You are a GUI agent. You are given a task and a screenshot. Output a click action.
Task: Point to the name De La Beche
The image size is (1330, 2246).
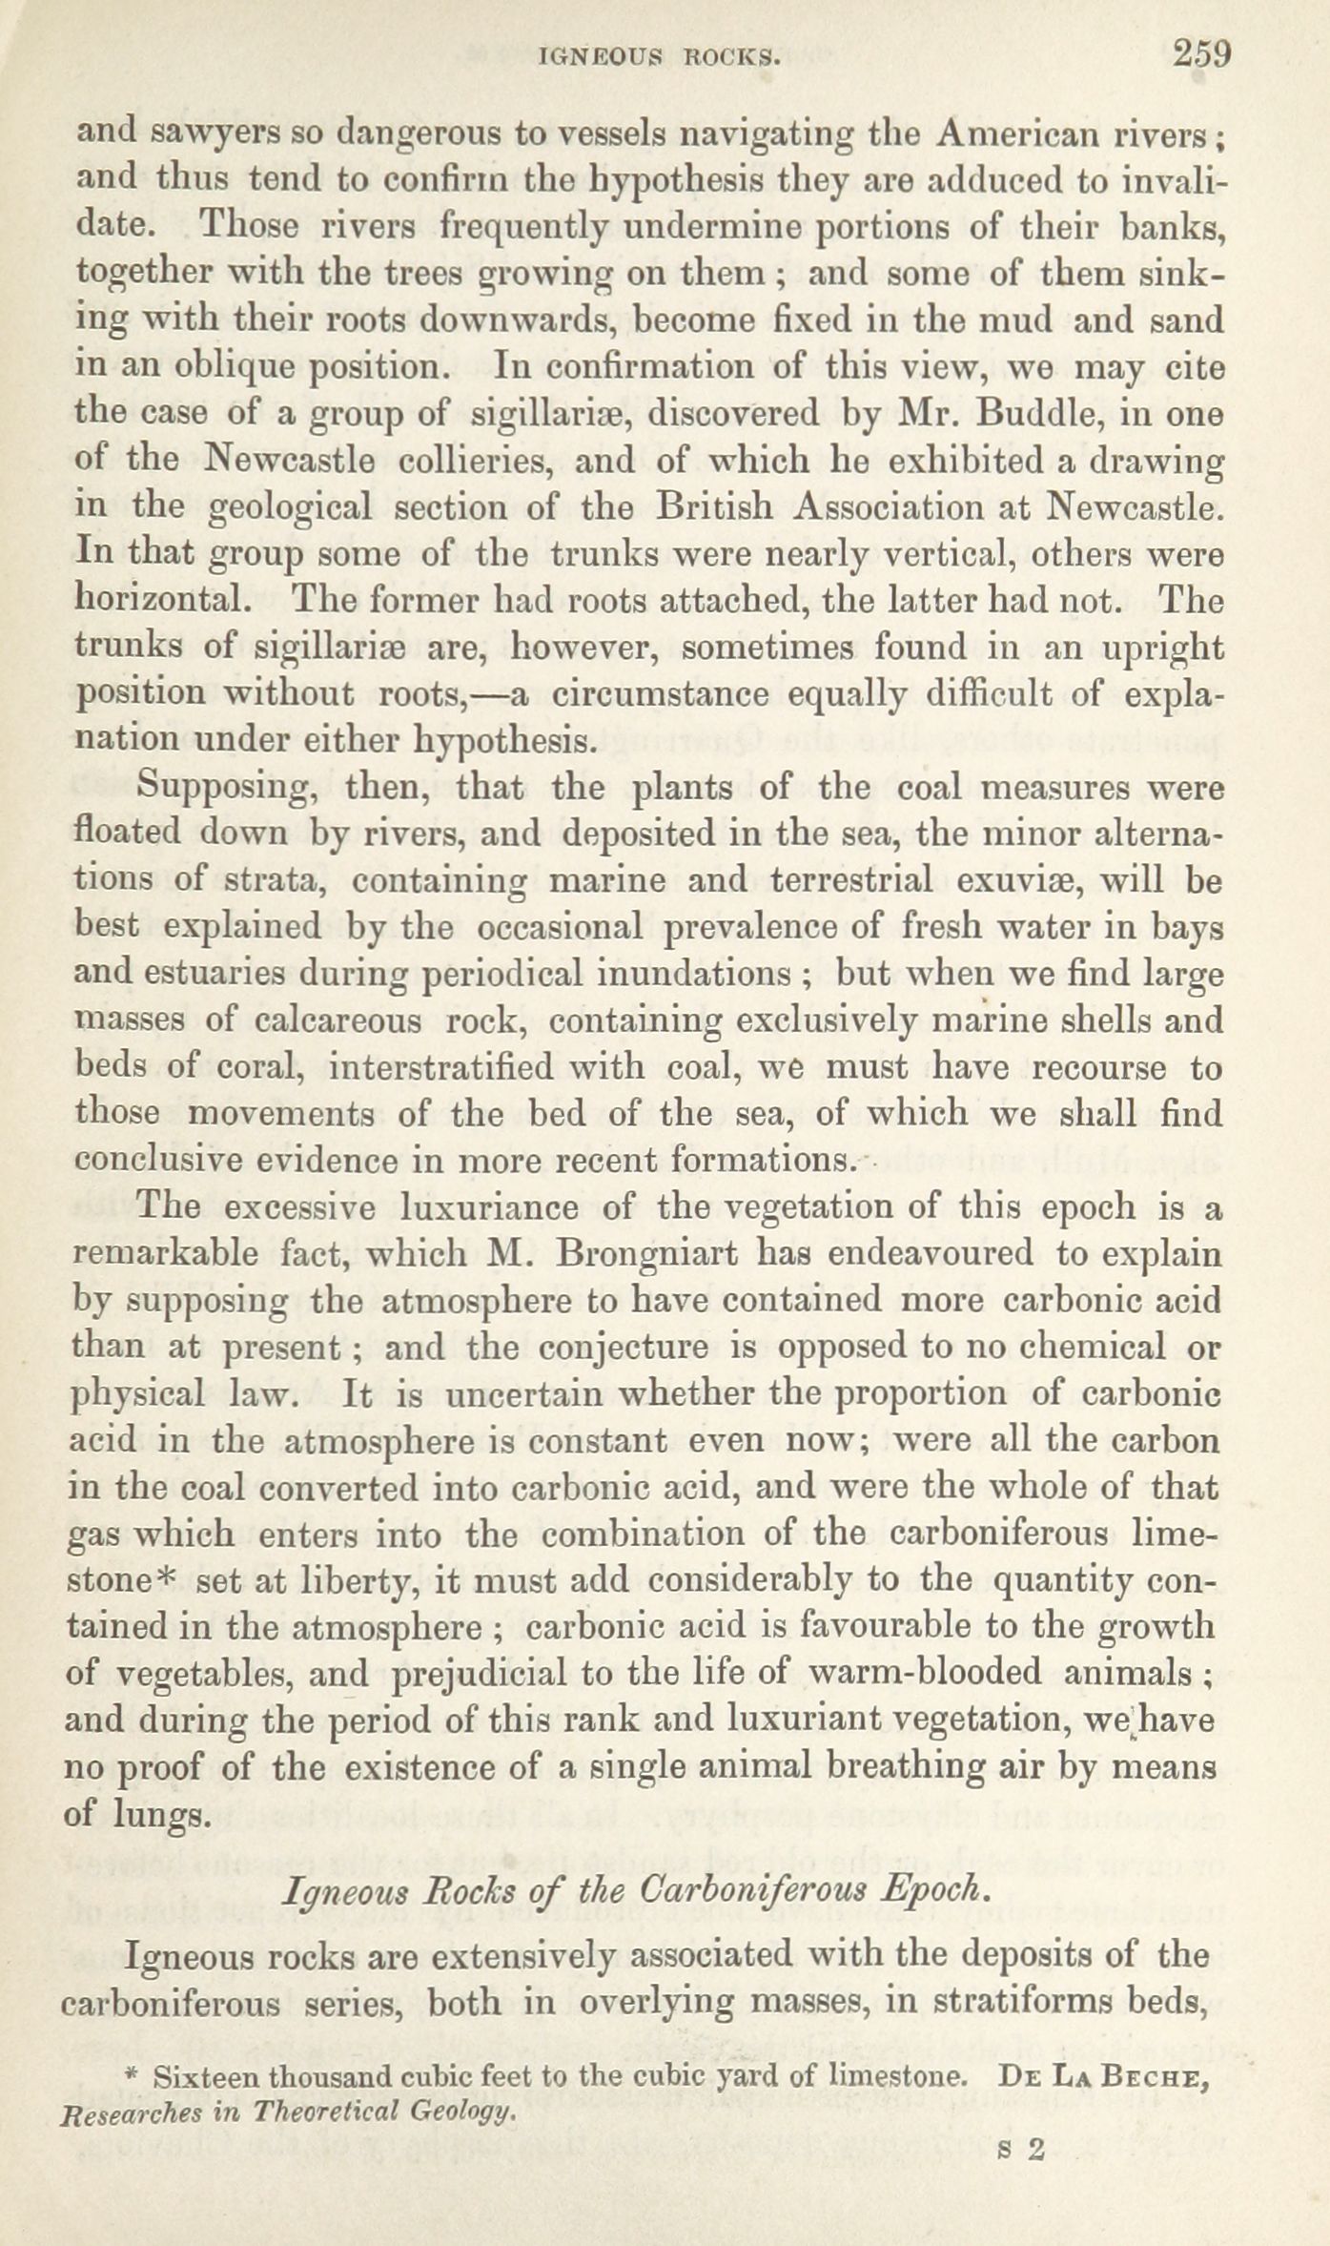(1101, 2075)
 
